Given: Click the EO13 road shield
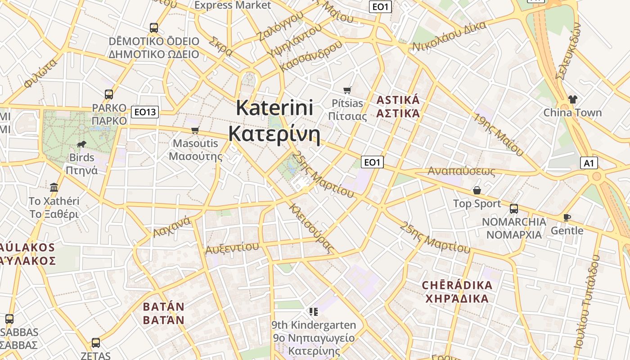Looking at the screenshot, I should [x=145, y=112].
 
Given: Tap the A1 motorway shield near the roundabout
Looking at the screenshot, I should [x=589, y=163].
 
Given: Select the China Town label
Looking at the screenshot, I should [x=572, y=112].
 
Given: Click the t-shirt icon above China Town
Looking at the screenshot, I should [x=572, y=99].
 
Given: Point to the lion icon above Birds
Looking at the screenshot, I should [x=81, y=144].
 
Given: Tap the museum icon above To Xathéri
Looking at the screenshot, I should [x=54, y=187].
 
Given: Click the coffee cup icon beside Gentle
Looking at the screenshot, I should [x=567, y=218].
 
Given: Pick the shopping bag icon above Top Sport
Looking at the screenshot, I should [x=477, y=190].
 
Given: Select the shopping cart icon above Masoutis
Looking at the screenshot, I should [x=195, y=130].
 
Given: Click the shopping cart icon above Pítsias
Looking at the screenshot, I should [x=347, y=90].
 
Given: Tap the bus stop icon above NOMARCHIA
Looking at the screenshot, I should [x=513, y=209].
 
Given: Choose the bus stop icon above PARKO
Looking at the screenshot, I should [x=109, y=94].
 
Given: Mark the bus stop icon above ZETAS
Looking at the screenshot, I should [x=96, y=343].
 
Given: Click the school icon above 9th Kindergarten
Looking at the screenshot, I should [x=313, y=311].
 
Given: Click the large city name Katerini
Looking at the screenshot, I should [x=274, y=108].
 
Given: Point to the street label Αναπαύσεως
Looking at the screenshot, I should [x=461, y=171].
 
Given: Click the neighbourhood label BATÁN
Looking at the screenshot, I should [x=164, y=307].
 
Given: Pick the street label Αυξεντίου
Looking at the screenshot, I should [x=232, y=248].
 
